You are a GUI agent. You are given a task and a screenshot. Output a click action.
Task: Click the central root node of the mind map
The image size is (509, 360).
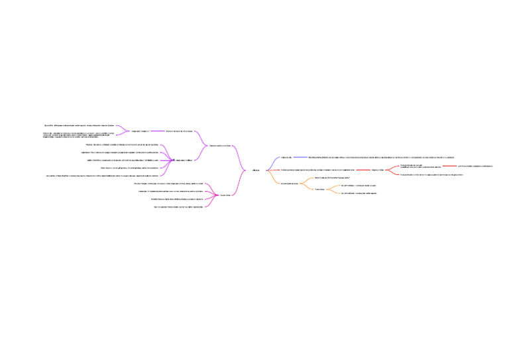pyautogui.click(x=256, y=170)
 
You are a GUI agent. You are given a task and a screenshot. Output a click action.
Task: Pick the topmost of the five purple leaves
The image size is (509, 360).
pyautogui.click(x=122, y=145)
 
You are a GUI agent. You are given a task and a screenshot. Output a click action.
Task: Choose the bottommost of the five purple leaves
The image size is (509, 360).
pyautogui.click(x=102, y=176)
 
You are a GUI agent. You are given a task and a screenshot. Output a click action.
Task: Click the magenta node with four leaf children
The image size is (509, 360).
pyautogui.click(x=225, y=195)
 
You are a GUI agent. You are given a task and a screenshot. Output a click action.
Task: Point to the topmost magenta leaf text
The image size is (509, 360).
pyautogui.click(x=172, y=184)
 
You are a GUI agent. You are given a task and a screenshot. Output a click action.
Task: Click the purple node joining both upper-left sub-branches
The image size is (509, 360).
pyautogui.click(x=221, y=145)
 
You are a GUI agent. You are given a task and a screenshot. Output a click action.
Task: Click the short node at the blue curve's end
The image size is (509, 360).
pyautogui.click(x=286, y=157)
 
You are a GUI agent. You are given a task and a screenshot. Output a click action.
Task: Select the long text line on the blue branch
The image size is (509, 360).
pyautogui.click(x=377, y=157)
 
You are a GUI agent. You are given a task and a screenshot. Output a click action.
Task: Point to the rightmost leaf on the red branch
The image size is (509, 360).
pyautogui.click(x=475, y=166)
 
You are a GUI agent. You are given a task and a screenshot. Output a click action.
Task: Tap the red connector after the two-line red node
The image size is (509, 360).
pyautogui.click(x=449, y=166)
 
